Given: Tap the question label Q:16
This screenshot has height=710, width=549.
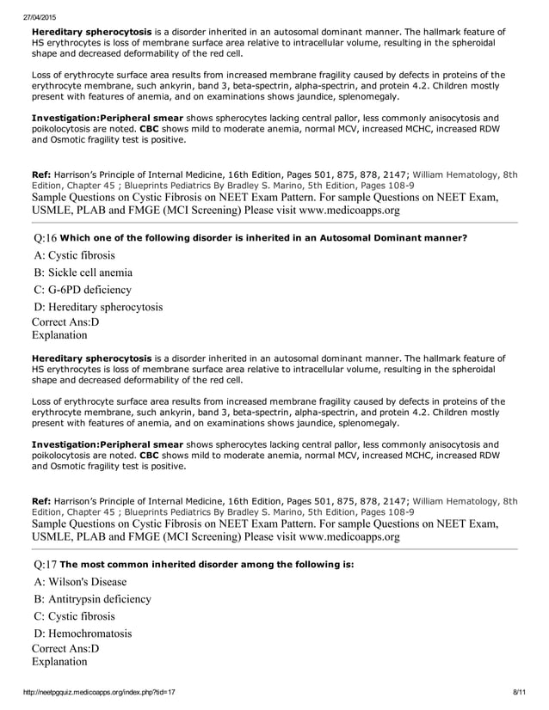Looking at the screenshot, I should coord(45,237).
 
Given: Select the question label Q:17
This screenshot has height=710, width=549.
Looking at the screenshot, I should coord(45,565).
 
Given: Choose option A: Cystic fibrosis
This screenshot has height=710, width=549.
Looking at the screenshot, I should coord(75,255).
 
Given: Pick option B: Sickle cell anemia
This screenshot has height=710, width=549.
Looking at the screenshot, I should coord(83,272).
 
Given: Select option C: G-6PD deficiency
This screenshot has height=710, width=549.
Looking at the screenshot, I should coord(83,290).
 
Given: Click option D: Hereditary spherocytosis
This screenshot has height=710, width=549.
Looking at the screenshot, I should coord(98,307).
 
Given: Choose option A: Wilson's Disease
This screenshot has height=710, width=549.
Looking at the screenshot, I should coord(80,582).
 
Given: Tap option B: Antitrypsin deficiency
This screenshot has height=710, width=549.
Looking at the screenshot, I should coord(92,599).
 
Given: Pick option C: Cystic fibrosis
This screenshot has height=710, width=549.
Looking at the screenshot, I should coord(74,616).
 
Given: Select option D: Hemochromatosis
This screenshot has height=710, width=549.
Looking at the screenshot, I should coord(83,633).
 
